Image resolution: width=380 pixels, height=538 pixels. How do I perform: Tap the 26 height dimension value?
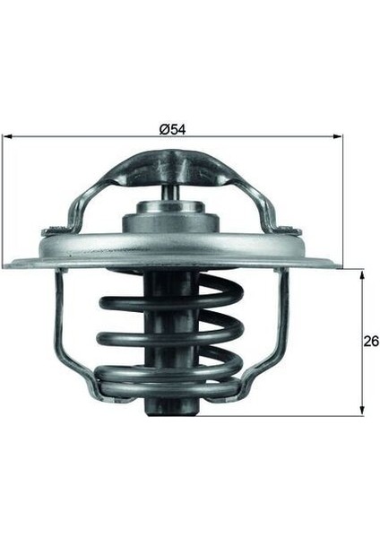click(x=370, y=342)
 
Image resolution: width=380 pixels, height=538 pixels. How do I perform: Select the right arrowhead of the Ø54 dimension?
click(x=339, y=137)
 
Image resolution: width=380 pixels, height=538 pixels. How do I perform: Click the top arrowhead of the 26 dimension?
click(x=362, y=273)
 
